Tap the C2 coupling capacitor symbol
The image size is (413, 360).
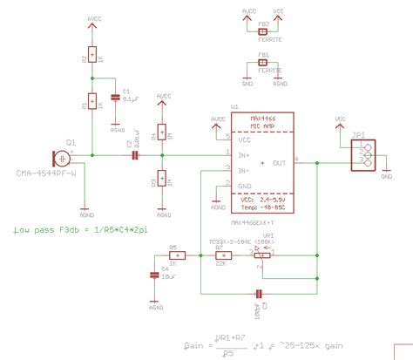134,156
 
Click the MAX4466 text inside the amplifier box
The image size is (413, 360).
262,118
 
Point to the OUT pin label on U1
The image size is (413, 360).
279,162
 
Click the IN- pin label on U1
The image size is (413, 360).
246,169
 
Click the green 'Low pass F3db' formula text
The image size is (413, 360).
81,230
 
